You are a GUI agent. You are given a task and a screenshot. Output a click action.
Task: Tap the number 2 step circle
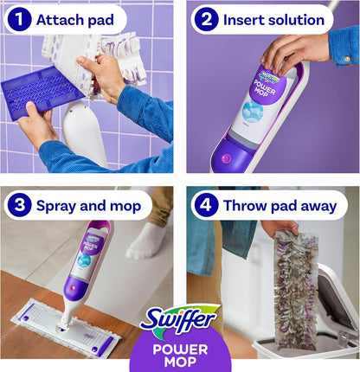(205, 19)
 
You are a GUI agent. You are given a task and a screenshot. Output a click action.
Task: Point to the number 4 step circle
(205, 206)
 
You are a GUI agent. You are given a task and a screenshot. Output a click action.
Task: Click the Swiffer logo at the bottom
(179, 321)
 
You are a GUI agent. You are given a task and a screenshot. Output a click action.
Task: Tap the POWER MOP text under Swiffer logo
(180, 355)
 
